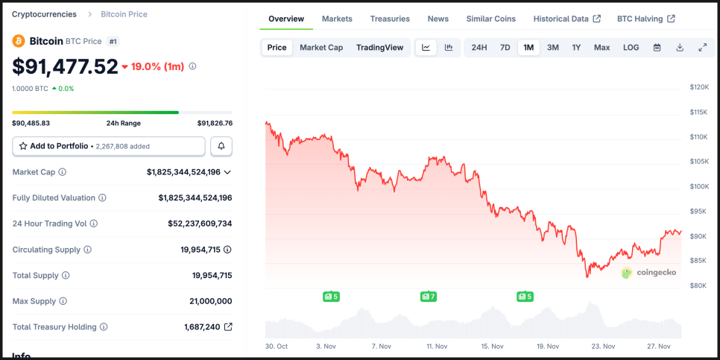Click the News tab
[438, 19]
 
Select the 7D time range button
[505, 48]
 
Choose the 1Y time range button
[576, 48]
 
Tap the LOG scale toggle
[631, 48]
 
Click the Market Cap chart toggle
[321, 48]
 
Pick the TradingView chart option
[379, 48]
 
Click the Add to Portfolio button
[109, 146]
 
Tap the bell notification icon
[221, 146]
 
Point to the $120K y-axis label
[699, 87]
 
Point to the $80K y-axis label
[698, 285]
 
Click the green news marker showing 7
[428, 297]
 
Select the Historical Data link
[566, 19]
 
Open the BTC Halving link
[645, 19]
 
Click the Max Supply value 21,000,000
[210, 301]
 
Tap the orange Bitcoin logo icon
[19, 41]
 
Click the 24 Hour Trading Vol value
[200, 224]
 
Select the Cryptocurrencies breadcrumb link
[44, 14]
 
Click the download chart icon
[680, 48]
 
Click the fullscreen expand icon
[702, 48]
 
